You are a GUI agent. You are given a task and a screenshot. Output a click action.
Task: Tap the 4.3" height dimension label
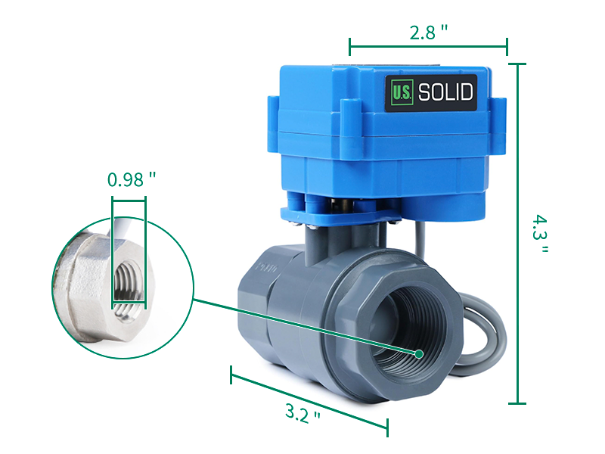tap(538, 234)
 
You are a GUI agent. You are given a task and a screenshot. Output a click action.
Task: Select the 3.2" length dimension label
tap(302, 413)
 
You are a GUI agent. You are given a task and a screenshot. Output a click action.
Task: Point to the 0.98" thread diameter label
tap(131, 179)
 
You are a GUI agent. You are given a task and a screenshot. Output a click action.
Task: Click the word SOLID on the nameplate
tap(445, 92)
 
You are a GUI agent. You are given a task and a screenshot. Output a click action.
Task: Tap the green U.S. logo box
tap(400, 93)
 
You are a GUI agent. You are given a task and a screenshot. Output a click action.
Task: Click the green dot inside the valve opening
tap(418, 353)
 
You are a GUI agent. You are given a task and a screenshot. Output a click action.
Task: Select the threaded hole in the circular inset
tap(127, 284)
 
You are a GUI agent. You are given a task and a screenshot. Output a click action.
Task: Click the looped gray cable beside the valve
tap(484, 333)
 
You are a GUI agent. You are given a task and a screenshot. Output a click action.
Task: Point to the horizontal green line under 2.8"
tap(428, 47)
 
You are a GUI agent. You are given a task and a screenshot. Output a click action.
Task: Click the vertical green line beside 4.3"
tap(517, 234)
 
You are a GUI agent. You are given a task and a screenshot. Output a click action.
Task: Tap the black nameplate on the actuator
tap(430, 92)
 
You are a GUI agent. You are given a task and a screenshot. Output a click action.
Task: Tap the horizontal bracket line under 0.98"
tap(129, 200)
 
